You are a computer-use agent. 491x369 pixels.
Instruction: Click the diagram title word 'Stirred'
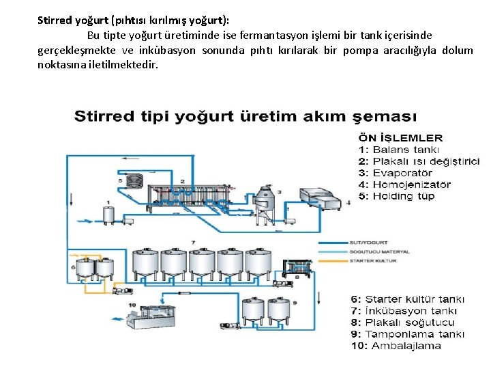click(x=104, y=115)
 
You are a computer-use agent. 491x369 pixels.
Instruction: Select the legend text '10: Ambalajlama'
click(x=396, y=346)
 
